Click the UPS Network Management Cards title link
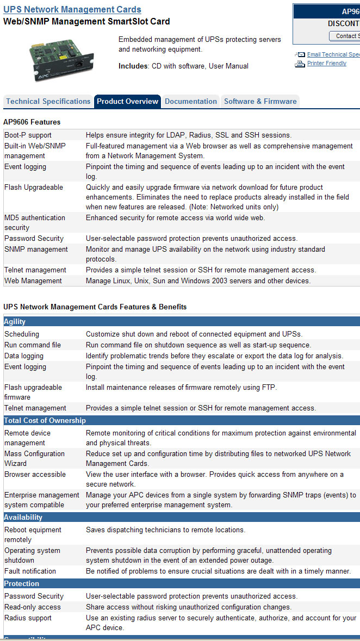tap(72, 10)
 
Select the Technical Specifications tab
tap(48, 102)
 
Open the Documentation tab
tap(191, 102)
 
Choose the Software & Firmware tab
tap(260, 102)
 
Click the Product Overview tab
tap(127, 102)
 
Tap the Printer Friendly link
tap(327, 64)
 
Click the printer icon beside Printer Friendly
tap(300, 64)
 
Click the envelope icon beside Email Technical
tap(300, 55)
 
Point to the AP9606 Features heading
tap(32, 122)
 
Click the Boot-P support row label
tap(28, 135)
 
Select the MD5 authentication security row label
tap(35, 222)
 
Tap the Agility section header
tap(15, 322)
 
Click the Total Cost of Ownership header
tap(45, 421)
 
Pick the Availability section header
tap(23, 518)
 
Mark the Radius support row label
tap(28, 618)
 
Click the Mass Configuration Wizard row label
tap(35, 458)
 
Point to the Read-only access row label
tap(33, 607)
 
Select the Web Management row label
tap(33, 281)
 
